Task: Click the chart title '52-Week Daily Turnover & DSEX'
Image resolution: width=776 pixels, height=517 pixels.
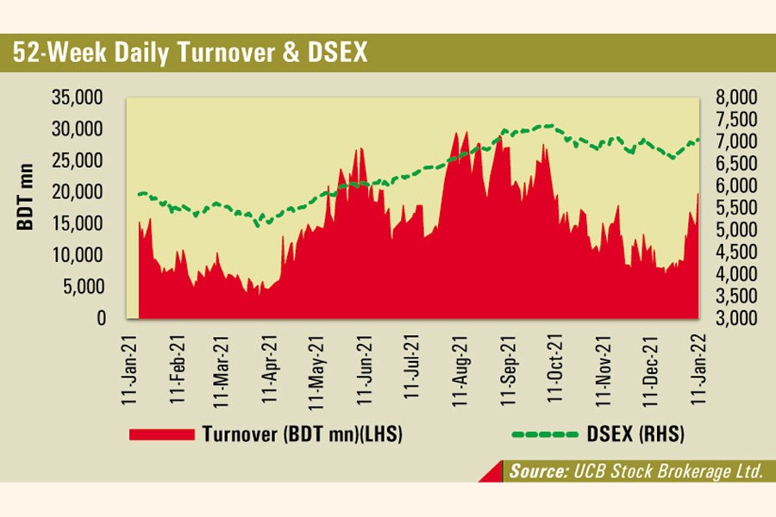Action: pos(190,53)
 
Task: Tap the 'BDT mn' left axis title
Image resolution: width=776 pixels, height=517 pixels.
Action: pos(25,196)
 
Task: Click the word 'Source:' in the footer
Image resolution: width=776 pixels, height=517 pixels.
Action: pos(536,471)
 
